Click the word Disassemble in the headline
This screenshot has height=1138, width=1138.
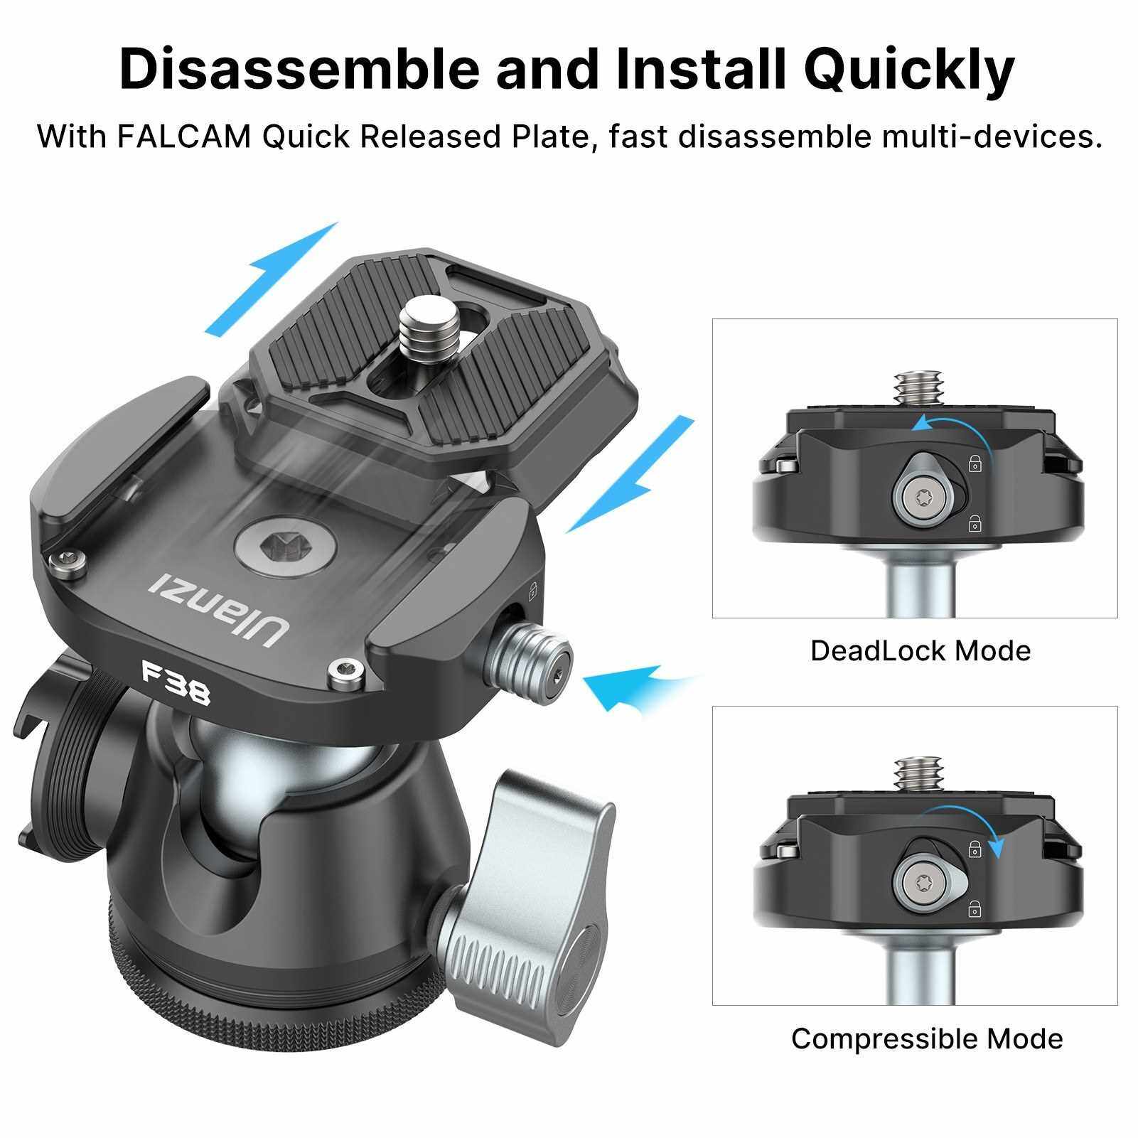click(x=299, y=69)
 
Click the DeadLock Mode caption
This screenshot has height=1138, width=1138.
click(x=920, y=650)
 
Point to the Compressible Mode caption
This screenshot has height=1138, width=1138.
click(x=927, y=1038)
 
